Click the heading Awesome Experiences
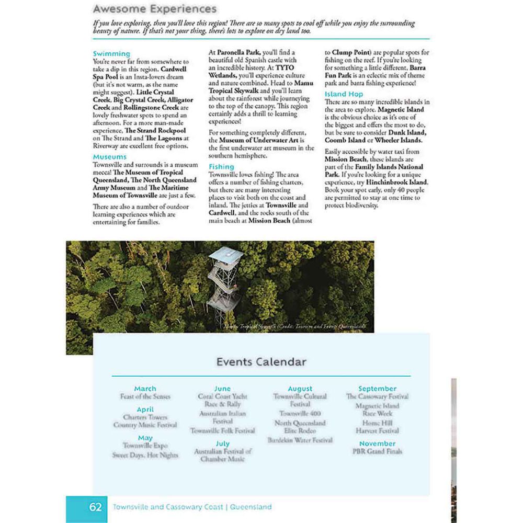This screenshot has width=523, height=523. click(x=154, y=9)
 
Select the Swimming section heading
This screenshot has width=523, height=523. click(x=111, y=53)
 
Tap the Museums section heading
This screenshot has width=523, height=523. click(x=110, y=156)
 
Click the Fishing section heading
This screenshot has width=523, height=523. click(x=221, y=166)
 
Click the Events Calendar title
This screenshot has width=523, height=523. click(x=261, y=362)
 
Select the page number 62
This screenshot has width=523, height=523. click(x=95, y=507)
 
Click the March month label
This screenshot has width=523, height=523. click(x=145, y=389)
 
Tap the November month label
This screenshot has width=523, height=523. click(x=377, y=444)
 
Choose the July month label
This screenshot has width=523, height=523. click(x=222, y=444)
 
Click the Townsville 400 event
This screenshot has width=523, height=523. click(x=300, y=413)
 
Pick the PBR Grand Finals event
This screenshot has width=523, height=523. click(x=377, y=451)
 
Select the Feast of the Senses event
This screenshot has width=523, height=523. click(x=145, y=396)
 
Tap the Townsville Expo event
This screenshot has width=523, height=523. click(x=145, y=446)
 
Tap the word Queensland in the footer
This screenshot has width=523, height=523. click(x=251, y=507)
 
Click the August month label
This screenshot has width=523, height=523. click(x=300, y=389)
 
